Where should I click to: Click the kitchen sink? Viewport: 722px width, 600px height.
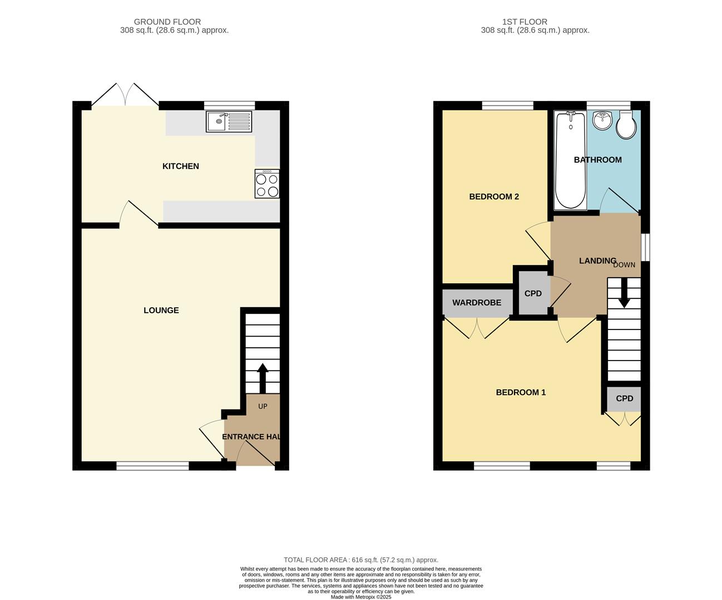coord(229,122)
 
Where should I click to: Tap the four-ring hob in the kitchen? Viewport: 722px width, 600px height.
coord(267,185)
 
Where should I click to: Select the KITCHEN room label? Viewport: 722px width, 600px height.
coord(180,166)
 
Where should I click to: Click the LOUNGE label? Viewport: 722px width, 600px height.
coord(161,311)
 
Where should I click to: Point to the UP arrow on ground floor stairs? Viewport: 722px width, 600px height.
coord(261,378)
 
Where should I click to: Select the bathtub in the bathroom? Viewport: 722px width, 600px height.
coord(570,160)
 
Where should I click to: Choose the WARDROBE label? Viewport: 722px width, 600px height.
coord(477,303)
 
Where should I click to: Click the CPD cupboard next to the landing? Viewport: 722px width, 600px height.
coord(533,294)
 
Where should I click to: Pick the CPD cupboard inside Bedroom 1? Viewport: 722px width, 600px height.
coord(624,398)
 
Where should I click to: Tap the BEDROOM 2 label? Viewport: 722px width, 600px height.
coord(494,197)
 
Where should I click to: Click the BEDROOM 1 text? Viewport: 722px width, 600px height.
coord(521,392)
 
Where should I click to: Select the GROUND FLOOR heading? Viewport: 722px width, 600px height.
coord(167,22)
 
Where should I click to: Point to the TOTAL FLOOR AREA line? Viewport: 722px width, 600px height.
coord(361,560)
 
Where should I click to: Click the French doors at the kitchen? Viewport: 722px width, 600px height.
coord(125,96)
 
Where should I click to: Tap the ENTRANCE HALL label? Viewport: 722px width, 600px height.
coord(251,437)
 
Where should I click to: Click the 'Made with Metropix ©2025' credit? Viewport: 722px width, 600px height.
coord(361,597)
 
